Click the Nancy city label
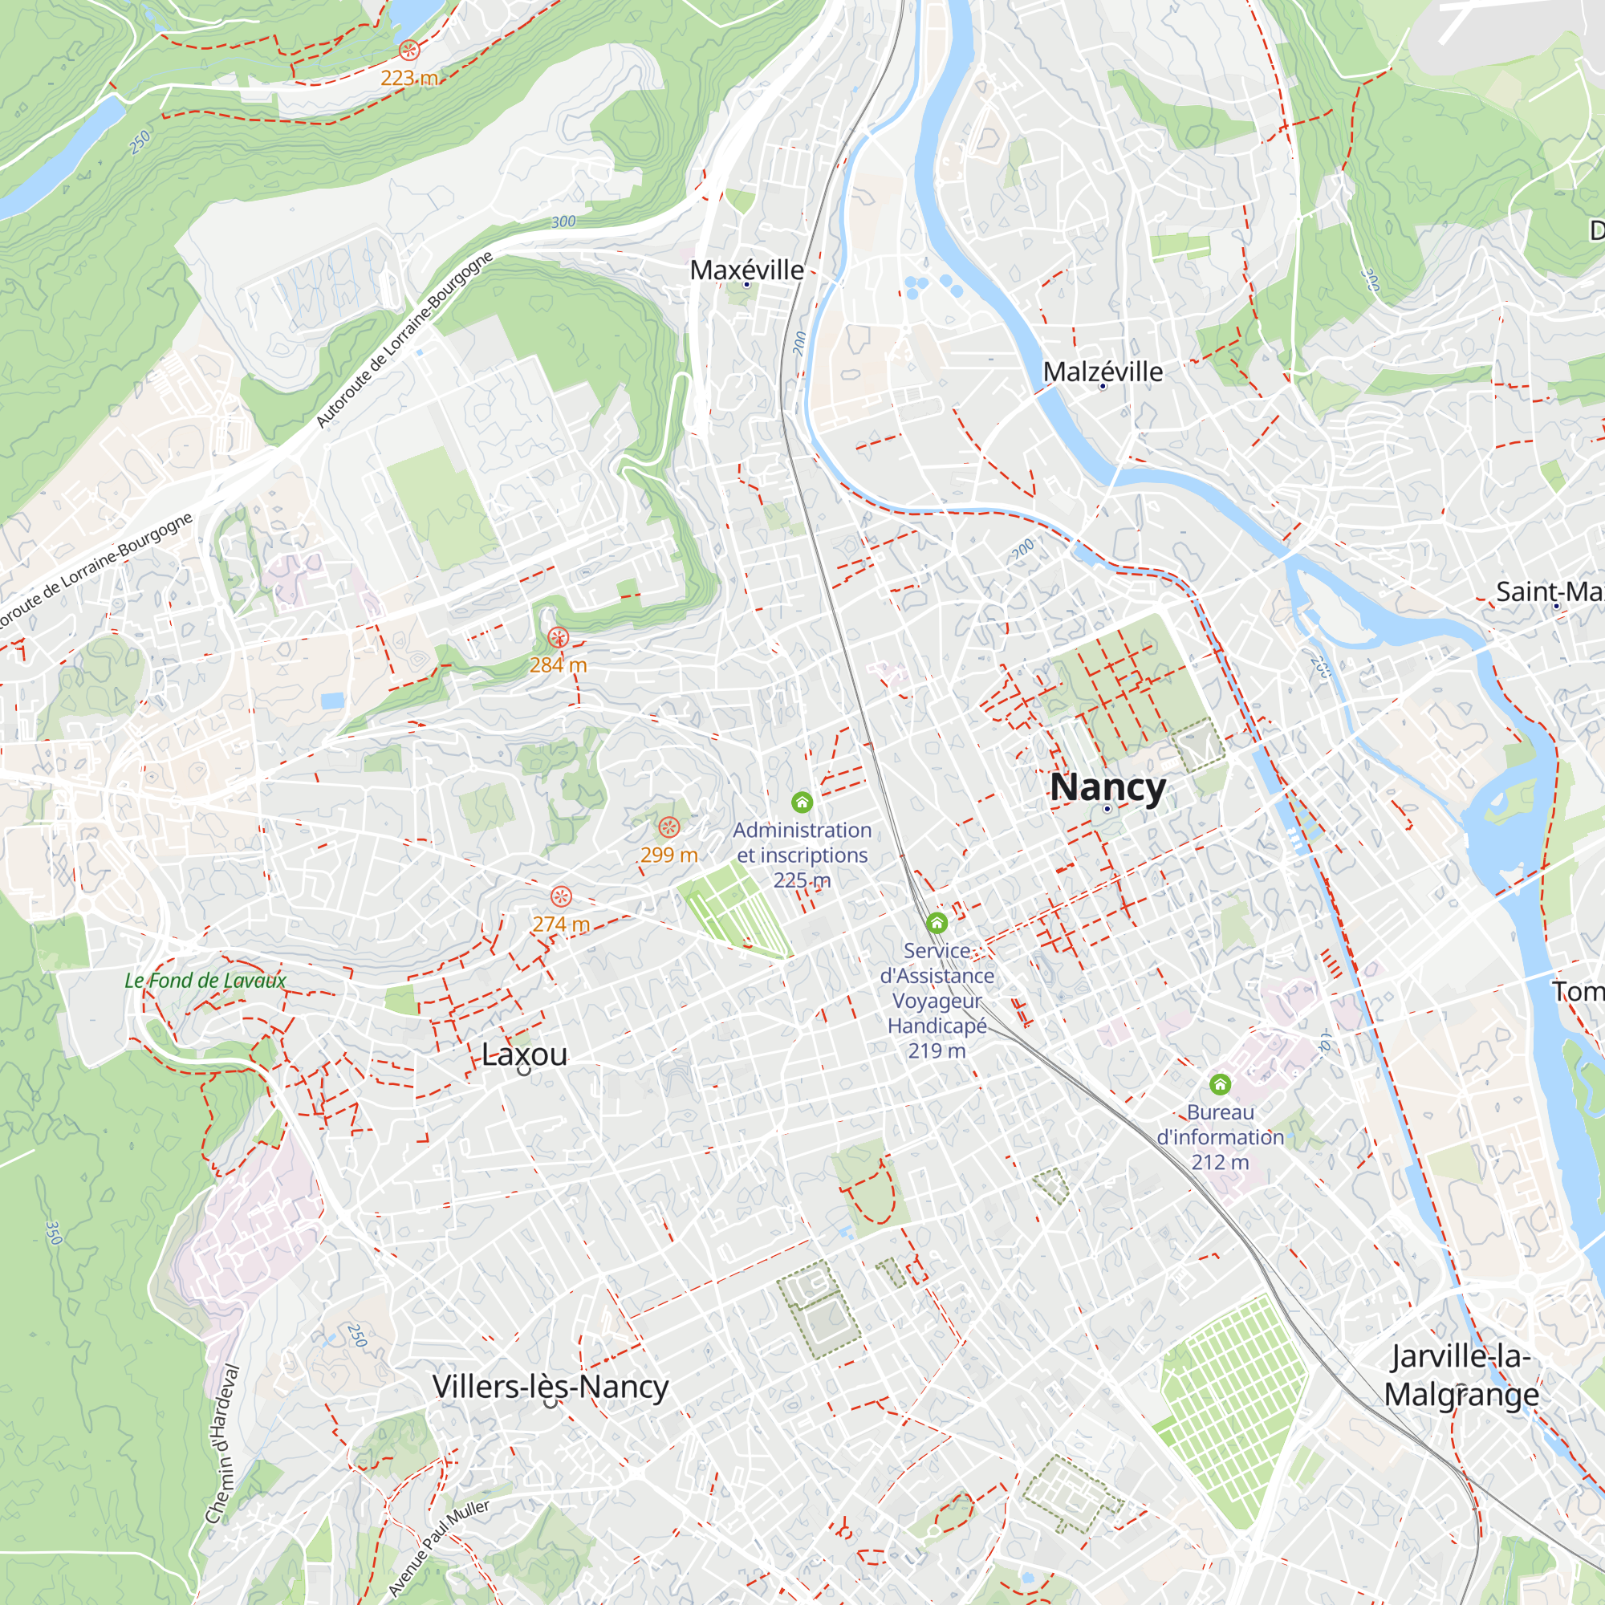click(1107, 787)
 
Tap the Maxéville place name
click(747, 270)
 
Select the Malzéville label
click(1103, 372)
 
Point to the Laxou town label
click(524, 1054)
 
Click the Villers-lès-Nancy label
click(550, 1387)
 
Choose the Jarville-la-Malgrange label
click(1461, 1375)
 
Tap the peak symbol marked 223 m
click(408, 50)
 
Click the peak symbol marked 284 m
click(559, 637)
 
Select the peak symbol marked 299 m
click(668, 827)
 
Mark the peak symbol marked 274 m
click(562, 896)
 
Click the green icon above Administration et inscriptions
click(802, 802)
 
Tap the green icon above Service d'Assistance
click(937, 923)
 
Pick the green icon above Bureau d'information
click(1220, 1084)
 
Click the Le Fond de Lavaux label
click(205, 981)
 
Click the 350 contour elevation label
click(53, 1233)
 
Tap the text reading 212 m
click(1220, 1161)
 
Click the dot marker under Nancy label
click(1107, 808)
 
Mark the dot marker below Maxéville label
click(746, 284)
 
